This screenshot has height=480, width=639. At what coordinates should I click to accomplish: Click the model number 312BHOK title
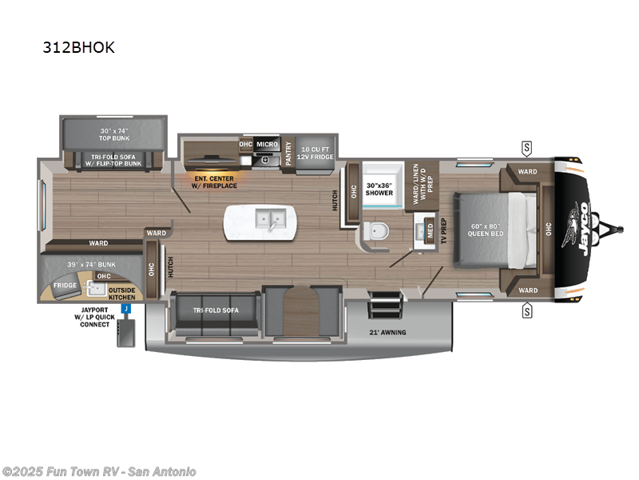(x=79, y=47)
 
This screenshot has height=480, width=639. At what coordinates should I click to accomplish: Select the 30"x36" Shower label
(x=379, y=189)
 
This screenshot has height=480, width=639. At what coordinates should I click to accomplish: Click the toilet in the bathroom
(x=375, y=233)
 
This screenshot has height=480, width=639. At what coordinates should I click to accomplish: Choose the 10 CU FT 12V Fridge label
(x=316, y=154)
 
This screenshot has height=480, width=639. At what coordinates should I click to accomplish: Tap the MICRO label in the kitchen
(x=267, y=145)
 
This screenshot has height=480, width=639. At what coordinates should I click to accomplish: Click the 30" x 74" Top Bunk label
(x=113, y=134)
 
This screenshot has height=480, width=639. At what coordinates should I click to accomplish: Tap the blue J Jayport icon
(x=125, y=308)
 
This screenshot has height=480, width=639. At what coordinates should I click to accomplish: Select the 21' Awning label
(x=387, y=332)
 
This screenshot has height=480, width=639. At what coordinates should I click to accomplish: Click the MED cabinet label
(x=429, y=230)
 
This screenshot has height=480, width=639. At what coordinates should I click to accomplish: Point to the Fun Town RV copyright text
(x=99, y=471)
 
